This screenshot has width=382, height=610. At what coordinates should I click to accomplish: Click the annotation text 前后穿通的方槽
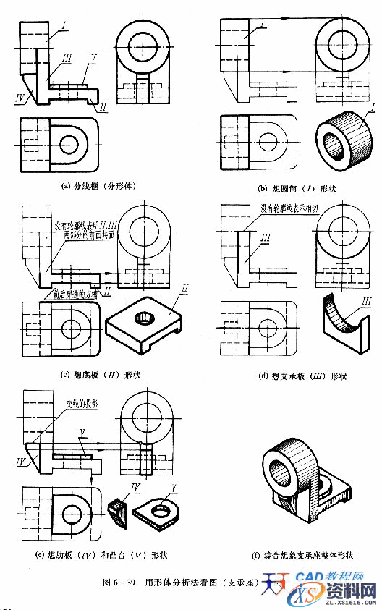click(x=77, y=295)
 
